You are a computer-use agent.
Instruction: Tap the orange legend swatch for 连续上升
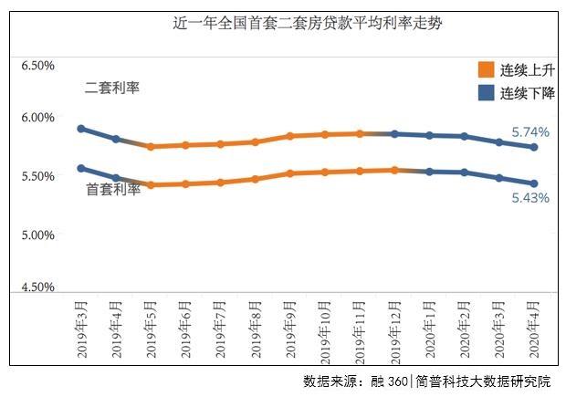[x=486, y=70]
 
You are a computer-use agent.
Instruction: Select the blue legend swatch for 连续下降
[x=486, y=93]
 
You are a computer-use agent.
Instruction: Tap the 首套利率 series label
[x=113, y=190]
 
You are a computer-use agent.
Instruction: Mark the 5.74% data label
[x=530, y=132]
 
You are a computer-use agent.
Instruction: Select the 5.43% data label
[x=530, y=197]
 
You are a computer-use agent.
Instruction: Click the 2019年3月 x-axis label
[x=80, y=327]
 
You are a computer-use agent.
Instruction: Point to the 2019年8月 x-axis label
[x=255, y=327]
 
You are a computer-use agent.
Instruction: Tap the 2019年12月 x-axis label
[x=394, y=329]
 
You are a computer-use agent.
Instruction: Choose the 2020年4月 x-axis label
[x=534, y=327]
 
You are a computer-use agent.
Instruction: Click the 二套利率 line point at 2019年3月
[x=81, y=129]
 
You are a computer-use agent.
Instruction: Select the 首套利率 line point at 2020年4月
[x=534, y=183]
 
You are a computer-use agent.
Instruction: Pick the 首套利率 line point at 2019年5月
[x=151, y=185]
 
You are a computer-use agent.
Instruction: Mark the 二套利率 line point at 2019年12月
[x=394, y=133]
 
